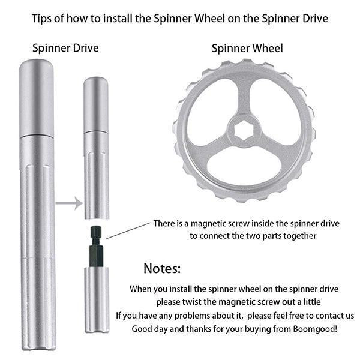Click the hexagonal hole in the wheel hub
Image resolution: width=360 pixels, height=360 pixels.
point(244,128)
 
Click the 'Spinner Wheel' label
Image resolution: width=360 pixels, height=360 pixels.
point(247,47)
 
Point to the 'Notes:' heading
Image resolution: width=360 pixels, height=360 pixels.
point(162,268)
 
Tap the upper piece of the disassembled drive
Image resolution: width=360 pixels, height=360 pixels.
point(96,147)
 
